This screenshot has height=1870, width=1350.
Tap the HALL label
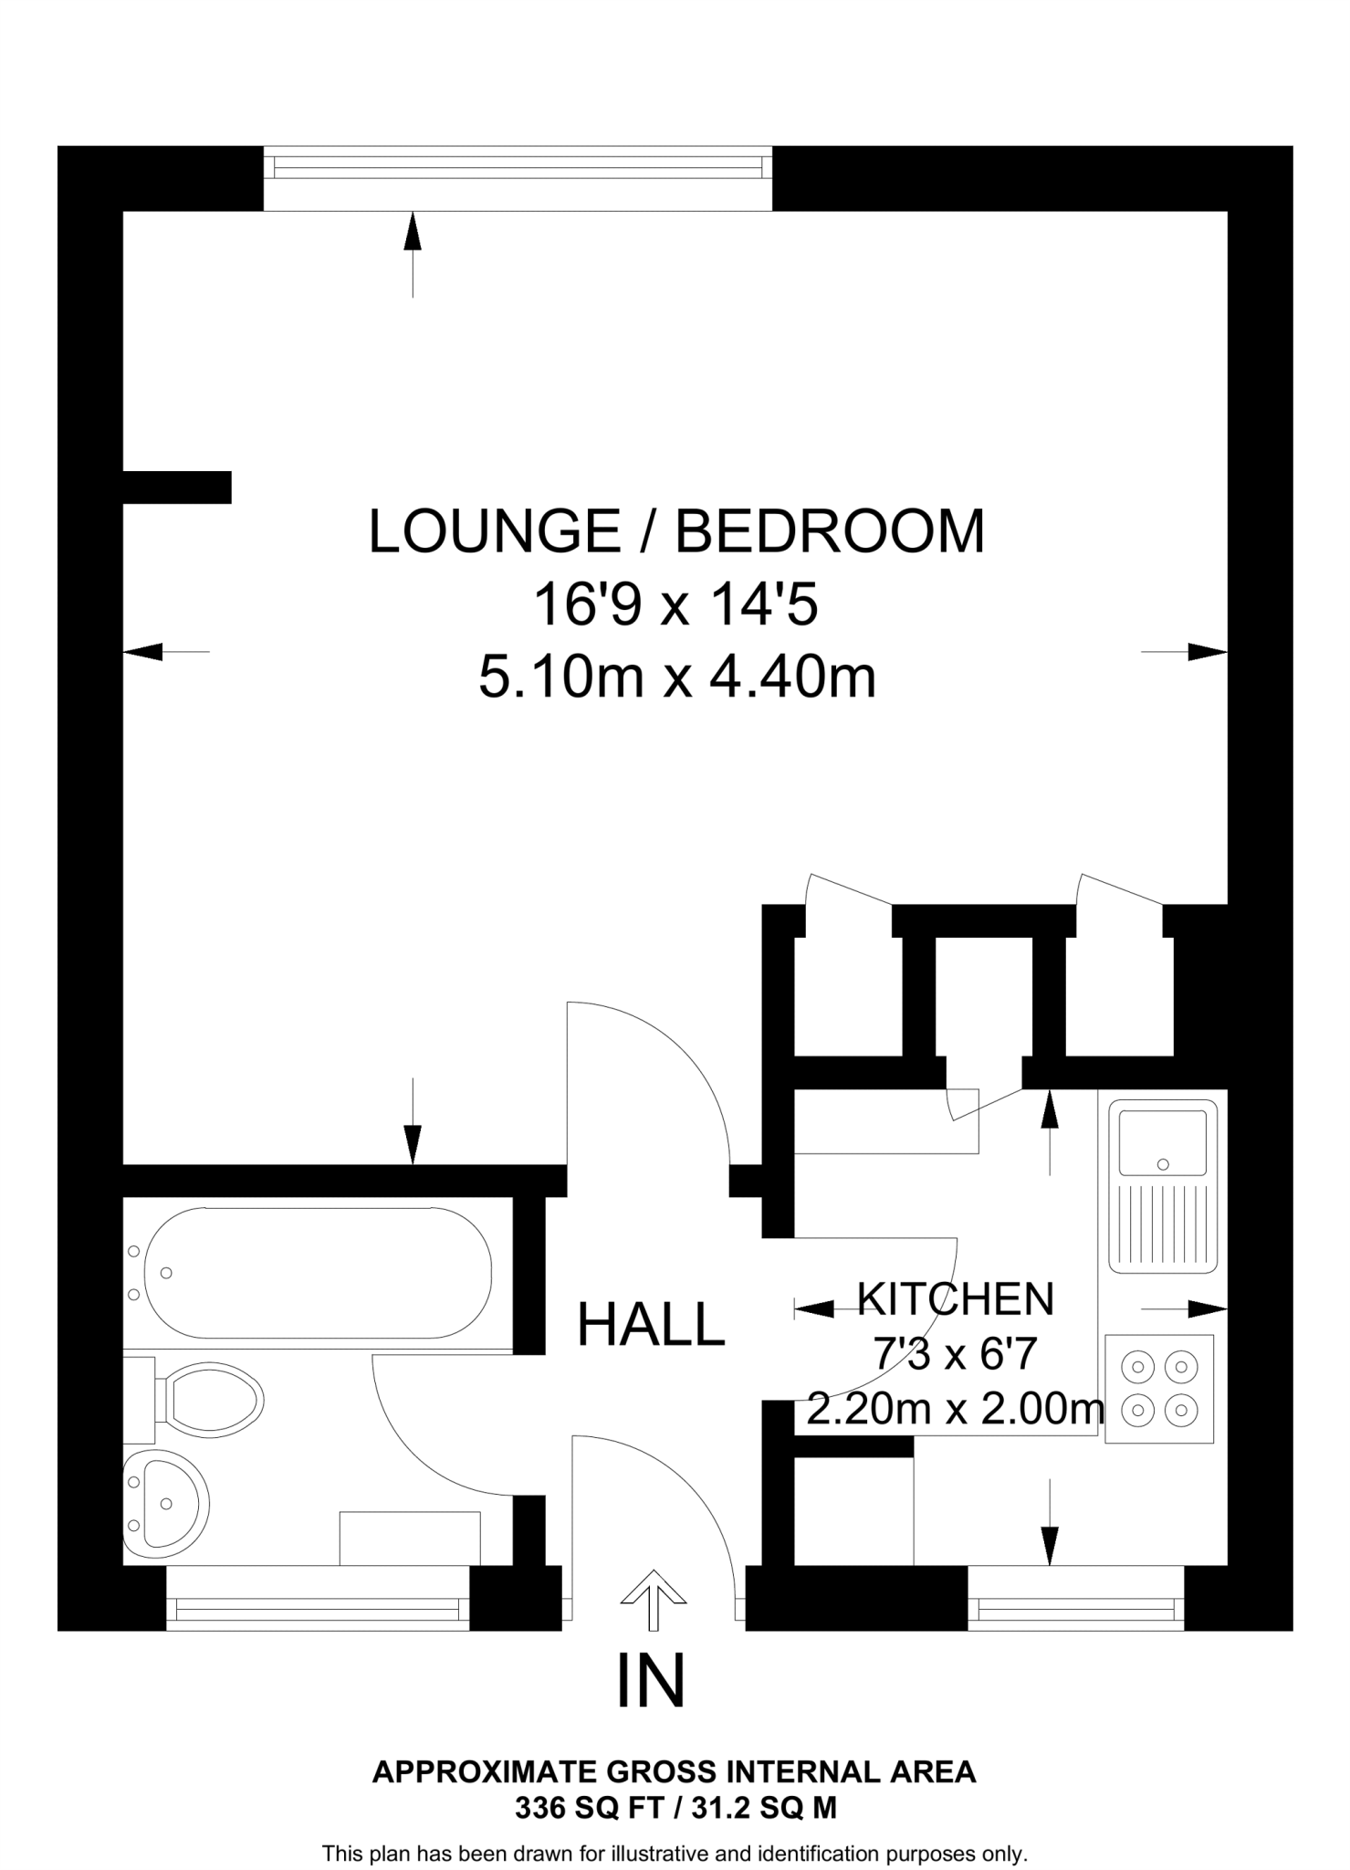click(651, 1325)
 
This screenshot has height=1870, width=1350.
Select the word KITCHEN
click(956, 1298)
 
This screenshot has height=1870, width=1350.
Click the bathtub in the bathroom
click(317, 1273)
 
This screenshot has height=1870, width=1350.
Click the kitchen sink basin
click(1162, 1142)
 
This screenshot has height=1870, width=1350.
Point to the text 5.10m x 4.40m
click(676, 678)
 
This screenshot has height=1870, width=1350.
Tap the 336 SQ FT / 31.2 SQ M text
click(675, 1808)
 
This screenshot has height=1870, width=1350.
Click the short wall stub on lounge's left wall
click(177, 487)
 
